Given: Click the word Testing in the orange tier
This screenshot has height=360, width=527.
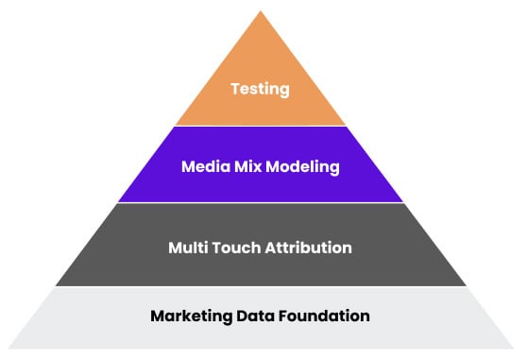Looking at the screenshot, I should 260,91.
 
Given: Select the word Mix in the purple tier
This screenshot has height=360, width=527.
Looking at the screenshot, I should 248,168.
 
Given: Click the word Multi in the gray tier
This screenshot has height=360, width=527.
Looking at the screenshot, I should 188,248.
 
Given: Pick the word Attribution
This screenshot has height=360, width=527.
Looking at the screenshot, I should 309,248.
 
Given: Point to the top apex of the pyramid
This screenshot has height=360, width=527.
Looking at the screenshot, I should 261,12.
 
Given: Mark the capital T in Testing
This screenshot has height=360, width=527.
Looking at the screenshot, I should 235,91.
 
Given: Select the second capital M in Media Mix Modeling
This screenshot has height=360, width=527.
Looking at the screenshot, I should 239,168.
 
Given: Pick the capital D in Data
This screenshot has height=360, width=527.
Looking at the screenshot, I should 241,315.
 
